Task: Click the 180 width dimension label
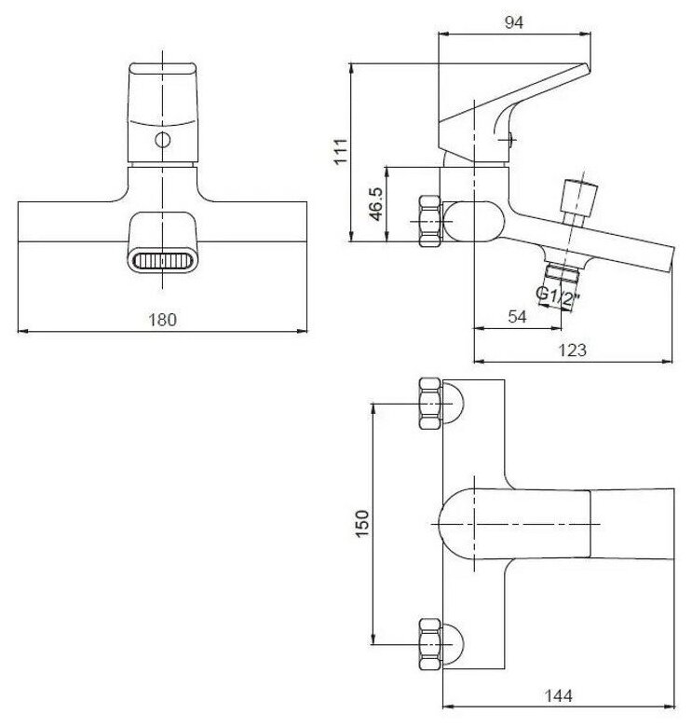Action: (163, 319)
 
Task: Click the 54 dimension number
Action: (518, 317)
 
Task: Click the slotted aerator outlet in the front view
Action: (162, 261)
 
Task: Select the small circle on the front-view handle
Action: (164, 142)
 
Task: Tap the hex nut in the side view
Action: (429, 222)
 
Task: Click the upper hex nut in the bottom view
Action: (429, 403)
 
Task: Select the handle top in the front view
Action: (163, 84)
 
